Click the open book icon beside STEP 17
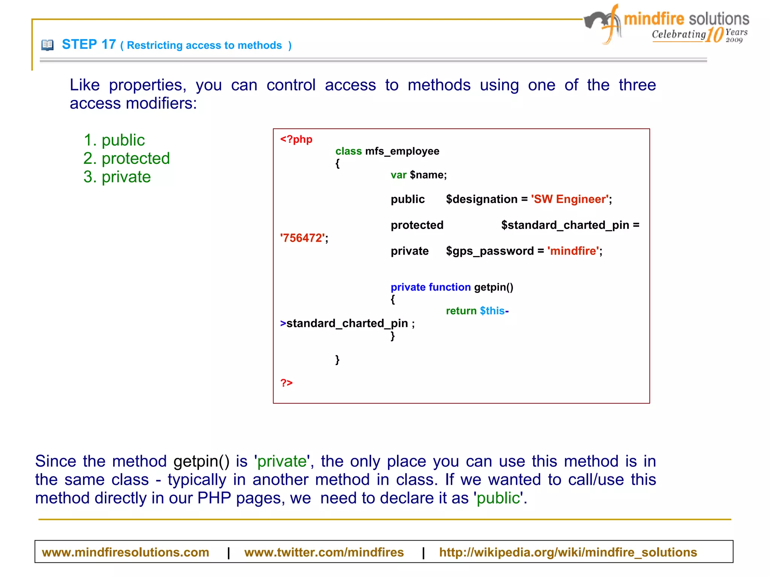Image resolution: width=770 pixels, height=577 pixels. tap(47, 45)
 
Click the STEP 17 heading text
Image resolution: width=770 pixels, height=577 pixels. tap(89, 45)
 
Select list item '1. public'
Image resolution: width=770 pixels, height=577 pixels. tap(114, 141)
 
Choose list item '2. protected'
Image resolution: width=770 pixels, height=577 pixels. tap(126, 159)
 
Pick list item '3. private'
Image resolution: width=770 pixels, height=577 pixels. tap(117, 177)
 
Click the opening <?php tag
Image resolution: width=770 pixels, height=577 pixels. tap(296, 139)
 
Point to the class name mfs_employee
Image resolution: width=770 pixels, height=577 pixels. tap(402, 151)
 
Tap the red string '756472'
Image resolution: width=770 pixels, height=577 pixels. tap(302, 238)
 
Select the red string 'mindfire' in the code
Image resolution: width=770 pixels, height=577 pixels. tap(573, 251)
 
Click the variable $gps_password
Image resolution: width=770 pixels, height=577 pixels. tap(490, 251)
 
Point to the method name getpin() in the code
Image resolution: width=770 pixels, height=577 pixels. tap(493, 287)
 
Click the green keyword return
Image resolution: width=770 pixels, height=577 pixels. tap(461, 311)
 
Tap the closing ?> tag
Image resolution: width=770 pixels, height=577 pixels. tap(286, 383)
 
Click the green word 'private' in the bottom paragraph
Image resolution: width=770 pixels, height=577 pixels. tap(282, 461)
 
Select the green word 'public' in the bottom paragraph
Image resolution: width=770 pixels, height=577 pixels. tap(498, 498)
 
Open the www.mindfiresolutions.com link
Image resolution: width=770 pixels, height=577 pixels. tap(125, 552)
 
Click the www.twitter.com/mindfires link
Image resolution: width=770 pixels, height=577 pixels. tap(324, 552)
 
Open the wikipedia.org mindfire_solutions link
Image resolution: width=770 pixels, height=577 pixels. tap(568, 552)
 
